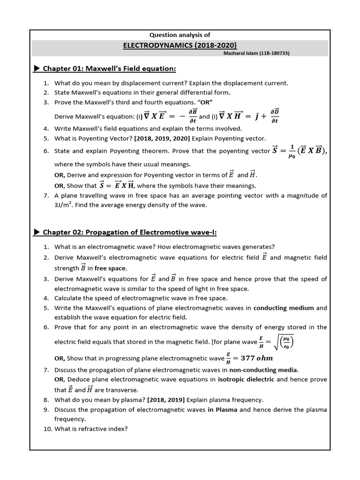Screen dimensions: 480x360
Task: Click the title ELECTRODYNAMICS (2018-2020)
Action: pos(180,45)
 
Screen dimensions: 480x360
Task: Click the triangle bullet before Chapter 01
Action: pos(37,69)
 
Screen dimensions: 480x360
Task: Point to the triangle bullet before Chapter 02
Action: pos(37,232)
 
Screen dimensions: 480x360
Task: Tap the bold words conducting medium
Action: pos(284,308)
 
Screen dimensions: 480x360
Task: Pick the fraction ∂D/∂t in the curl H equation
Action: pos(275,116)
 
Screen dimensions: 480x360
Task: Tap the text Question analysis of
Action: pos(180,35)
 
